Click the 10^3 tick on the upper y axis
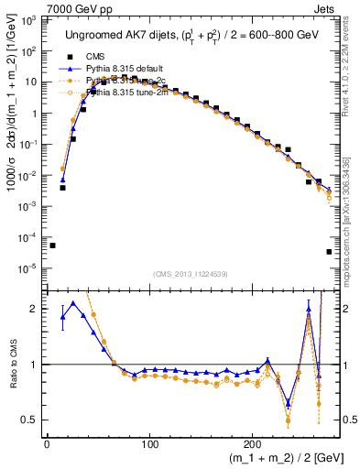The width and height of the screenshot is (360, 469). pos(30,20)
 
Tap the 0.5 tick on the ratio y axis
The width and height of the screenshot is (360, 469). pos(30,420)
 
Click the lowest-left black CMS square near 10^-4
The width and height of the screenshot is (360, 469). pos(52,245)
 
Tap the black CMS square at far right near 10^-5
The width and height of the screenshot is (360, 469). pos(329,252)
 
